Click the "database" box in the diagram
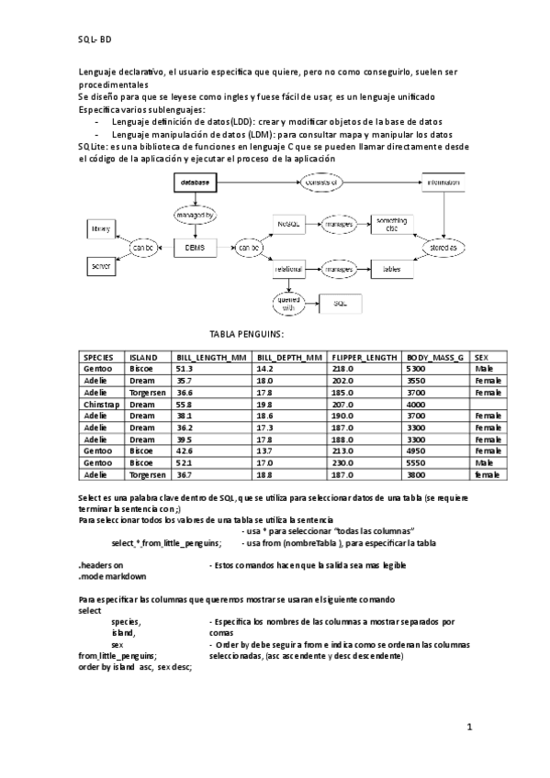pos(194,183)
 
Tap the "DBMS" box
pos(194,248)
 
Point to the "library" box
pos(101,227)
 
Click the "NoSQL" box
pos(289,223)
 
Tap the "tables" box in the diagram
pos(392,270)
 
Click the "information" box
pos(443,183)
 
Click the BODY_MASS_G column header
pos(435,357)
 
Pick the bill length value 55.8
pos(185,404)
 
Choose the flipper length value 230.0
pos(343,463)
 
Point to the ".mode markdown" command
pos(112,576)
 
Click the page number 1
pos(469,727)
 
